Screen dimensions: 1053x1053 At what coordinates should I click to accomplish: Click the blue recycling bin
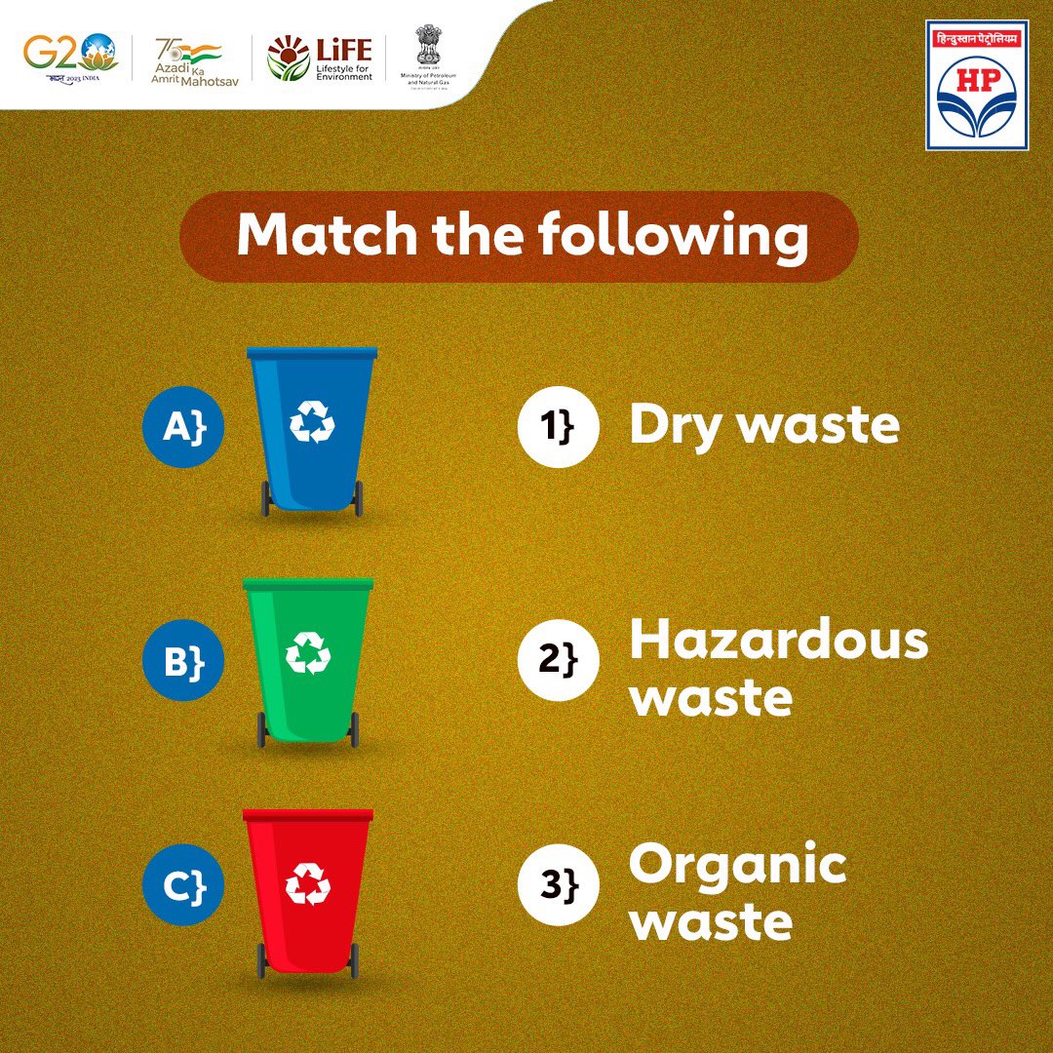[312, 429]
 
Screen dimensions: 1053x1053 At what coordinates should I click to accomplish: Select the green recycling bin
[308, 661]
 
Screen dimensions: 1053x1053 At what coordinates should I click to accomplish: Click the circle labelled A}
[183, 426]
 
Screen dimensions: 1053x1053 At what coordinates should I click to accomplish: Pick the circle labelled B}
[183, 661]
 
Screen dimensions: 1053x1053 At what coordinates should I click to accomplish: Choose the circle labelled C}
[183, 886]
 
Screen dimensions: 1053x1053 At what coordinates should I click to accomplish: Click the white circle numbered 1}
[558, 426]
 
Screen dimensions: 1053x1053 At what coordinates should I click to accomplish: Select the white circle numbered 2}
[558, 661]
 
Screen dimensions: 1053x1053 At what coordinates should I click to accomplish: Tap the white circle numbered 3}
[558, 886]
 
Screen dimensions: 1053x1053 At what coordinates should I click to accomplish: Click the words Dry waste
[763, 426]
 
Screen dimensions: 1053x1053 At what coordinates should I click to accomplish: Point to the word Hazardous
[778, 642]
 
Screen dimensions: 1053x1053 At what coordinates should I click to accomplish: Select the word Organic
[737, 867]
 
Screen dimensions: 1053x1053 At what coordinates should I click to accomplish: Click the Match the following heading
[523, 237]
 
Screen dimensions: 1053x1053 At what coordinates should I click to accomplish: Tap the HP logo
[977, 89]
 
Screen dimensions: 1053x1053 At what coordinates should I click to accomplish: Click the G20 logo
[71, 56]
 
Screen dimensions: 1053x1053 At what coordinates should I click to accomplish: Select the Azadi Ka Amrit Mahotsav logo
[190, 60]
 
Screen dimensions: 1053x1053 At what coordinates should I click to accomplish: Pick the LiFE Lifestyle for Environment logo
[320, 58]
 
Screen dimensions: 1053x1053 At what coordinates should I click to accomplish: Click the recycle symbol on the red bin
[308, 883]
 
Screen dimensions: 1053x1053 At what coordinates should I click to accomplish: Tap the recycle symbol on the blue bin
[312, 421]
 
